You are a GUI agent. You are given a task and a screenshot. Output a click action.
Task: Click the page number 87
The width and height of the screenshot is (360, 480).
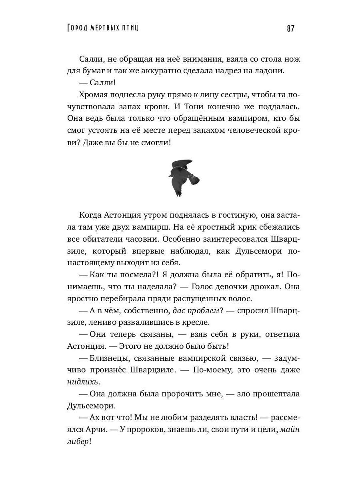tap(290, 28)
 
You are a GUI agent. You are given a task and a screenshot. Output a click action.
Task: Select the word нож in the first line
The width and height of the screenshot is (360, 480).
tap(292, 59)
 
